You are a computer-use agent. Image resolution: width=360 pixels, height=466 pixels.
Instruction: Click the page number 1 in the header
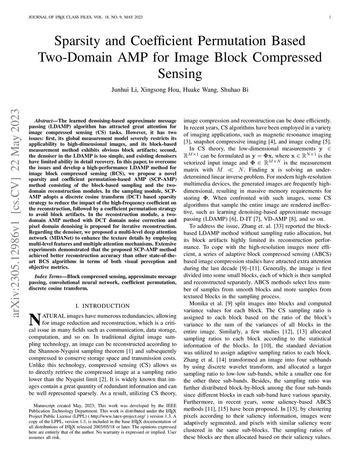(330, 17)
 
